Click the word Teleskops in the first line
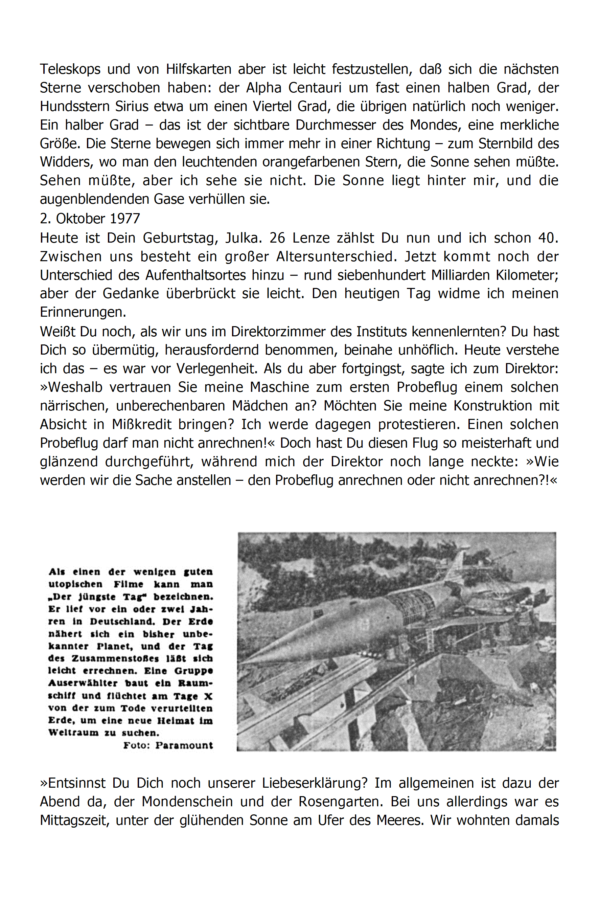click(x=70, y=69)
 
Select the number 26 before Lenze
click(x=277, y=238)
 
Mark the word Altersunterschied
click(x=336, y=257)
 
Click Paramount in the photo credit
click(x=184, y=745)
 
